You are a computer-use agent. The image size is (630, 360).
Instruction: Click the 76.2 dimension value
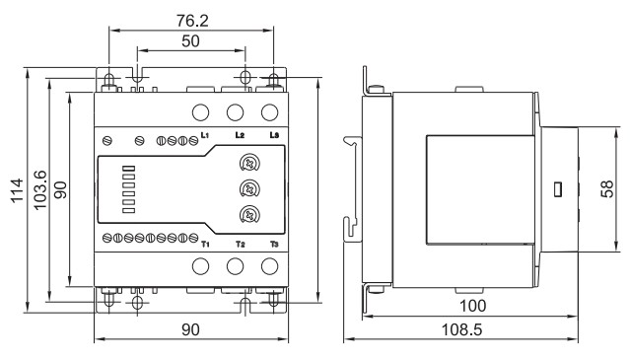click(192, 21)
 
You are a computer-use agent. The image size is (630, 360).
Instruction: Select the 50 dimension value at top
click(190, 41)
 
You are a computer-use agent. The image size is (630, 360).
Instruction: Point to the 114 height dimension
click(17, 190)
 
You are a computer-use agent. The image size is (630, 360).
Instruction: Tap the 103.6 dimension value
click(40, 190)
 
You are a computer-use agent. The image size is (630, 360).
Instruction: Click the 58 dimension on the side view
click(606, 188)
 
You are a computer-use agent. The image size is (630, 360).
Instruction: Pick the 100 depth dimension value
click(472, 306)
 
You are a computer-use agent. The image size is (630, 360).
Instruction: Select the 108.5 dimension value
click(461, 329)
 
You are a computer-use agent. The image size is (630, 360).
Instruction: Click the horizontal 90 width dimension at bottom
click(190, 329)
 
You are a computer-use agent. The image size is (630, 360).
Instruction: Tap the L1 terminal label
click(205, 135)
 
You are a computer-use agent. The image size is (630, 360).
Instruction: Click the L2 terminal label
click(240, 135)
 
